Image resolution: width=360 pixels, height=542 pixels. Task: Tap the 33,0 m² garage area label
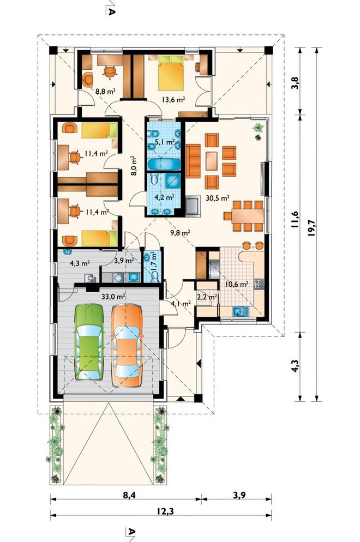click(113, 296)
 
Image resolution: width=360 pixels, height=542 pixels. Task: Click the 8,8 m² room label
click(105, 91)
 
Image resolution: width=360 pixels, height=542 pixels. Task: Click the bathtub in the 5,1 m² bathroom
click(164, 164)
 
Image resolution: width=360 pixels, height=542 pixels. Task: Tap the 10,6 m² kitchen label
click(237, 285)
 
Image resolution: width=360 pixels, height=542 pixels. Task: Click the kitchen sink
click(241, 311)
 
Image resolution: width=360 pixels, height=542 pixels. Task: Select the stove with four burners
click(259, 284)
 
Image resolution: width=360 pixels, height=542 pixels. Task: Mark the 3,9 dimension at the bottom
click(239, 495)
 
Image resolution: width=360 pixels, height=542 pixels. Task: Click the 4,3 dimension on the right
click(295, 366)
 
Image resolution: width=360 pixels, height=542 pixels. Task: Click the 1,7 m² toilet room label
click(153, 261)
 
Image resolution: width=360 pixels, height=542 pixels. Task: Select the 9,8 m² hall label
click(180, 233)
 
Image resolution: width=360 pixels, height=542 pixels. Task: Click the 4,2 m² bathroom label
click(164, 198)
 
